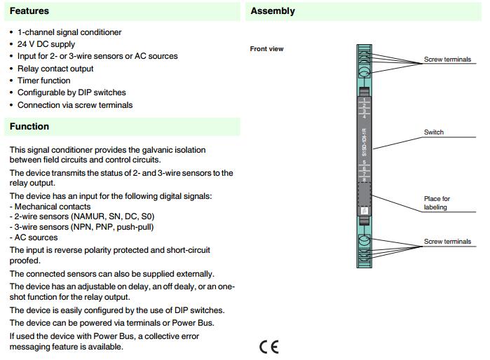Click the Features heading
click(29, 11)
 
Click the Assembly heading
click(273, 11)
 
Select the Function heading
click(29, 127)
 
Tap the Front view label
click(266, 49)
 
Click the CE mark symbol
click(268, 347)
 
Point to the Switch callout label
click(434, 132)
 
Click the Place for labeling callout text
click(437, 203)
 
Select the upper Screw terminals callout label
click(447, 60)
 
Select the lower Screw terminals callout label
click(447, 242)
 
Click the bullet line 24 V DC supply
click(46, 44)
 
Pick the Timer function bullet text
click(44, 81)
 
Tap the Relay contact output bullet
click(55, 69)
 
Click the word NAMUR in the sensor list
click(87, 217)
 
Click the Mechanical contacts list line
click(53, 207)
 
